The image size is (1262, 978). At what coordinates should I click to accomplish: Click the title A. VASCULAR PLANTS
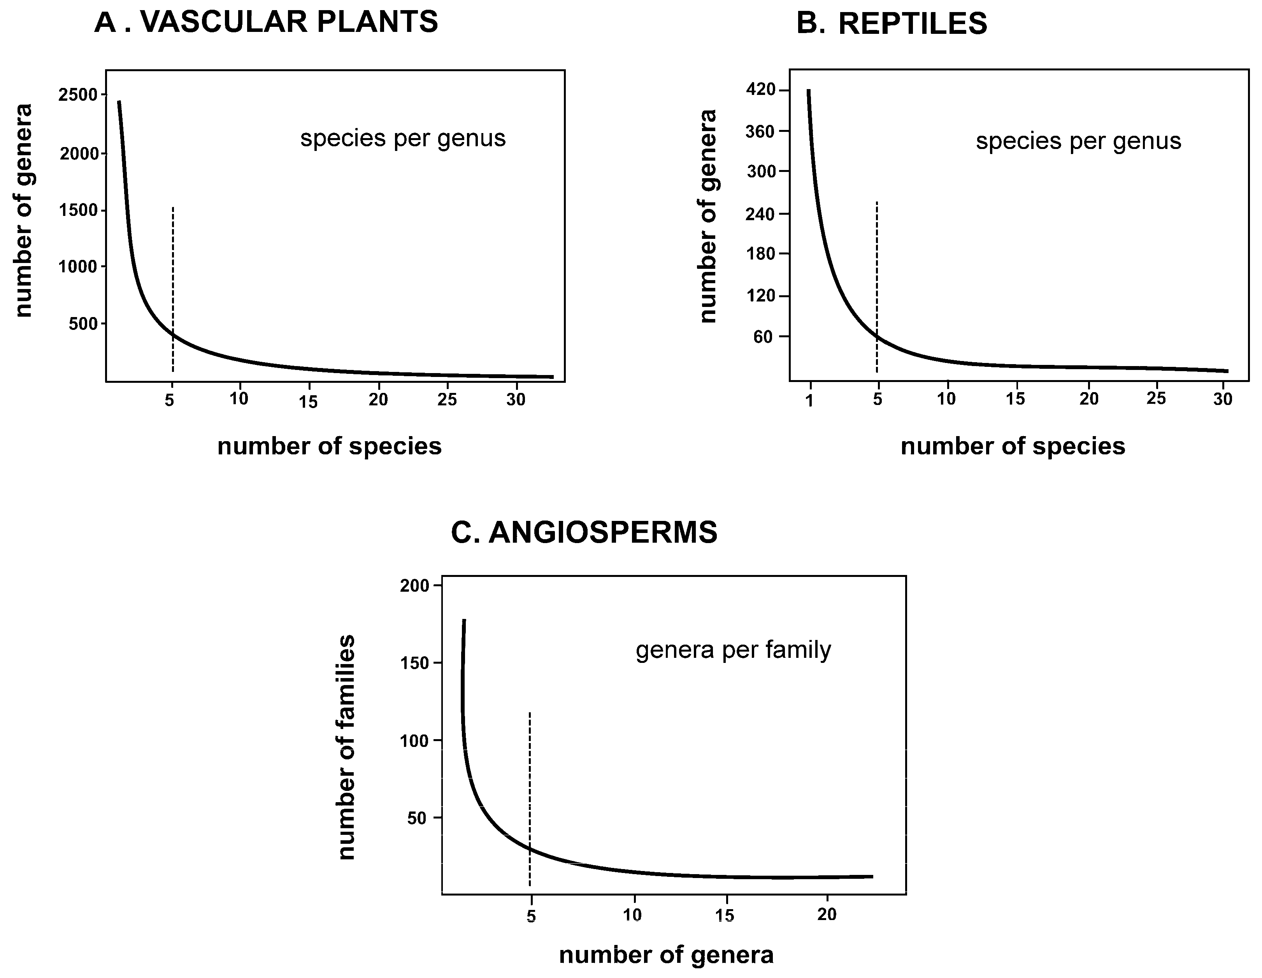[266, 23]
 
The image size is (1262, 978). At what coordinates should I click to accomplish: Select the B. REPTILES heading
[892, 24]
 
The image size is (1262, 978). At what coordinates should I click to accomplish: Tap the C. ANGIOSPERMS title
[584, 533]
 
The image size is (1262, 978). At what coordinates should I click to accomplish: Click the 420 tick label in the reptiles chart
[760, 90]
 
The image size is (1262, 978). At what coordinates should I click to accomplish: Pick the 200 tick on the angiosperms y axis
[414, 586]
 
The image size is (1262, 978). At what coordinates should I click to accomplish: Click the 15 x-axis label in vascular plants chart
[309, 401]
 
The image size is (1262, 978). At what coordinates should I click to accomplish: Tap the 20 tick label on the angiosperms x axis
[827, 915]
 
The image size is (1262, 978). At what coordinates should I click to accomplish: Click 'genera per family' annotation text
[733, 650]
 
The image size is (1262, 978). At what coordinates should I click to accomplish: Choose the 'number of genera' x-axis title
[666, 955]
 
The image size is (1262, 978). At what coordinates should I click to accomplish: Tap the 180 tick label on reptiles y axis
[760, 254]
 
